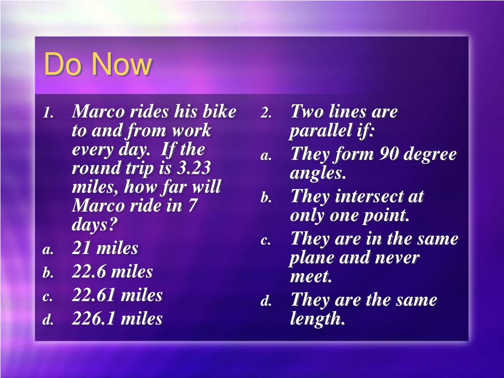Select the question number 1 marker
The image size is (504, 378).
(48, 113)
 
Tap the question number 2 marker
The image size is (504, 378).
(266, 113)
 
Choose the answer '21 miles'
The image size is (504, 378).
(105, 248)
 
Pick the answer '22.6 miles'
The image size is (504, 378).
(112, 271)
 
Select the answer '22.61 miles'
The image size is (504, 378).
(117, 295)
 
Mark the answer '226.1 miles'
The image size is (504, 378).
(117, 318)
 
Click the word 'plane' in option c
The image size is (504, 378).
(312, 258)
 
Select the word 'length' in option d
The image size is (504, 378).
(317, 319)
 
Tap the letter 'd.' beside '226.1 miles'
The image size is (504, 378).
(48, 320)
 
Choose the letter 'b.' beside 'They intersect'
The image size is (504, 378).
(266, 197)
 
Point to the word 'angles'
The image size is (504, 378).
(317, 174)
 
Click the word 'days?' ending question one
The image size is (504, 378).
(93, 224)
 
